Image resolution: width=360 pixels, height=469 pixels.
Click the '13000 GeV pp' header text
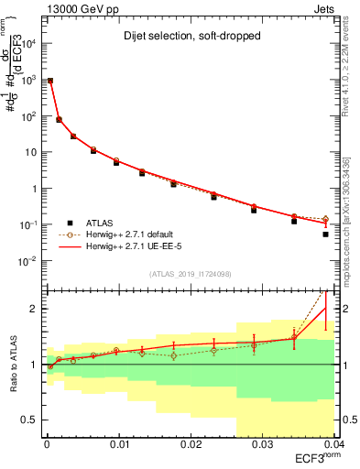pos(81,7)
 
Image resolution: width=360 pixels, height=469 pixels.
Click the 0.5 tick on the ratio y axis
pos(29,420)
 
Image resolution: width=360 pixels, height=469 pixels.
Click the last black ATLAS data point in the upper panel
pos(325,234)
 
